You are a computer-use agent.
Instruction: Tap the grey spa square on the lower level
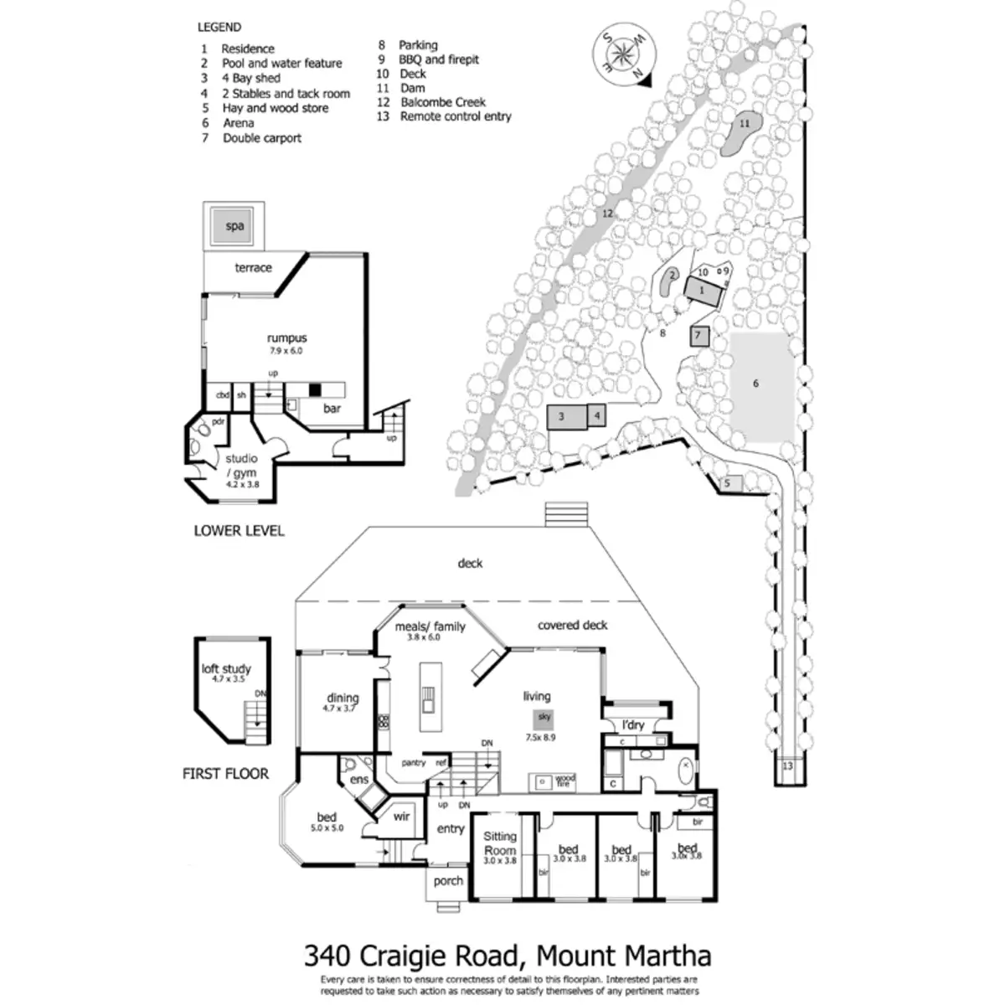tap(234, 225)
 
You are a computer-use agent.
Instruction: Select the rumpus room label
tap(287, 338)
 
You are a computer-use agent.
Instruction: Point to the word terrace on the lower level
tap(253, 268)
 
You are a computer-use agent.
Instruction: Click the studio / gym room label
tap(241, 466)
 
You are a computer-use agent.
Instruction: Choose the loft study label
tap(226, 669)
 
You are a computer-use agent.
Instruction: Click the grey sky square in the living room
tap(544, 717)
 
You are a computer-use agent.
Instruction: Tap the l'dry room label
tap(633, 724)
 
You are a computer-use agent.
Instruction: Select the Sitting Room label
tap(500, 843)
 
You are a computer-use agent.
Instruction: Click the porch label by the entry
tap(448, 880)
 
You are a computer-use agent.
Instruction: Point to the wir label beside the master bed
tap(401, 817)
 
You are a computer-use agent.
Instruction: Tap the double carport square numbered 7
tap(699, 336)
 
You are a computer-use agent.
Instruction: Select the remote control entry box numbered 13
tap(787, 766)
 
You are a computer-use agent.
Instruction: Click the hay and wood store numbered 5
tap(728, 483)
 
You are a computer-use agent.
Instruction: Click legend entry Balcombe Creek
tap(443, 102)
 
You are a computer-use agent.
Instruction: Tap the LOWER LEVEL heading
tap(239, 530)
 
